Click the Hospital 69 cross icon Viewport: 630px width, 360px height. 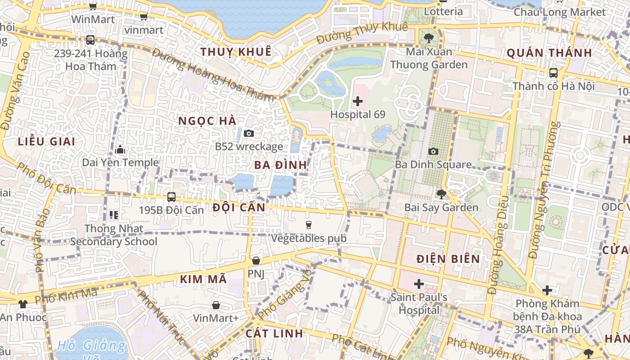click(358, 101)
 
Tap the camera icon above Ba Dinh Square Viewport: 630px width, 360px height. click(433, 151)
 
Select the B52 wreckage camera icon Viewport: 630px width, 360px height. click(248, 133)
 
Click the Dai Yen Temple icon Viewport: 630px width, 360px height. click(120, 149)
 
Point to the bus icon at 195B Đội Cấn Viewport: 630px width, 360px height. click(171, 197)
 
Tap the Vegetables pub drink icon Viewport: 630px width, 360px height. click(309, 225)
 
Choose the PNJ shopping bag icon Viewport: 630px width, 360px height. click(256, 261)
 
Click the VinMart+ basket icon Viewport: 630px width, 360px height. click(216, 305)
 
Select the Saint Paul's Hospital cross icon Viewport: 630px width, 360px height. click(419, 284)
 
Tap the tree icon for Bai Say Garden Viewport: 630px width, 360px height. click(441, 194)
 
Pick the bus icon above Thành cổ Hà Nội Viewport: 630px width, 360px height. click(553, 72)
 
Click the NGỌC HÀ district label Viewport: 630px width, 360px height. click(207, 121)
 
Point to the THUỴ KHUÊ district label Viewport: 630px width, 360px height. click(236, 52)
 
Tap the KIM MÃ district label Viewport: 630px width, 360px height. click(203, 279)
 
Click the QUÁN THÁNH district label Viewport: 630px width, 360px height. click(549, 53)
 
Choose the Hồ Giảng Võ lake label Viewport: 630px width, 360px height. click(91, 346)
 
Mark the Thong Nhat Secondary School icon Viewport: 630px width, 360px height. click(113, 215)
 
